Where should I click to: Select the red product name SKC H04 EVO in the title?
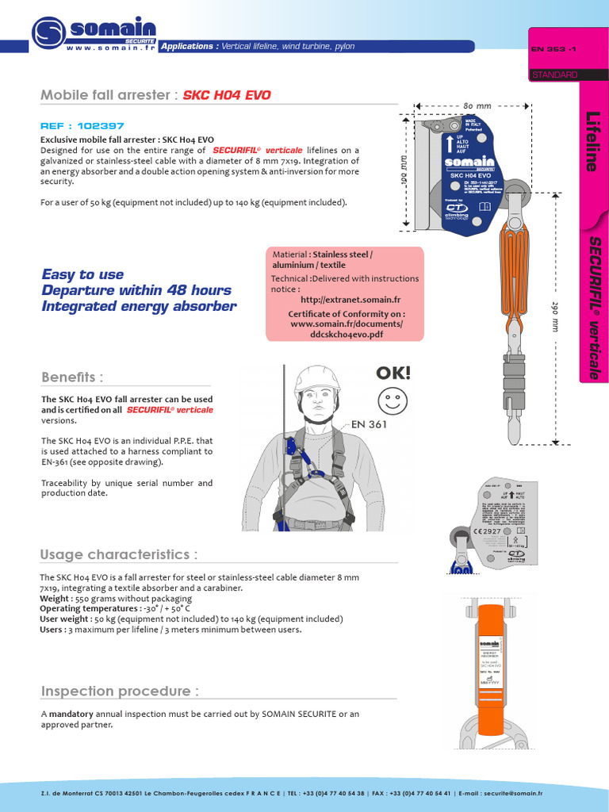(227, 95)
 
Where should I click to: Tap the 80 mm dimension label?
(478, 105)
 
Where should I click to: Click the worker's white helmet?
(316, 381)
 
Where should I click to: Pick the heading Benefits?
(72, 377)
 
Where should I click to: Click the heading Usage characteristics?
(119, 553)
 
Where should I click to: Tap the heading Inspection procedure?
(120, 691)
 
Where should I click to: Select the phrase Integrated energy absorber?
(138, 306)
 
